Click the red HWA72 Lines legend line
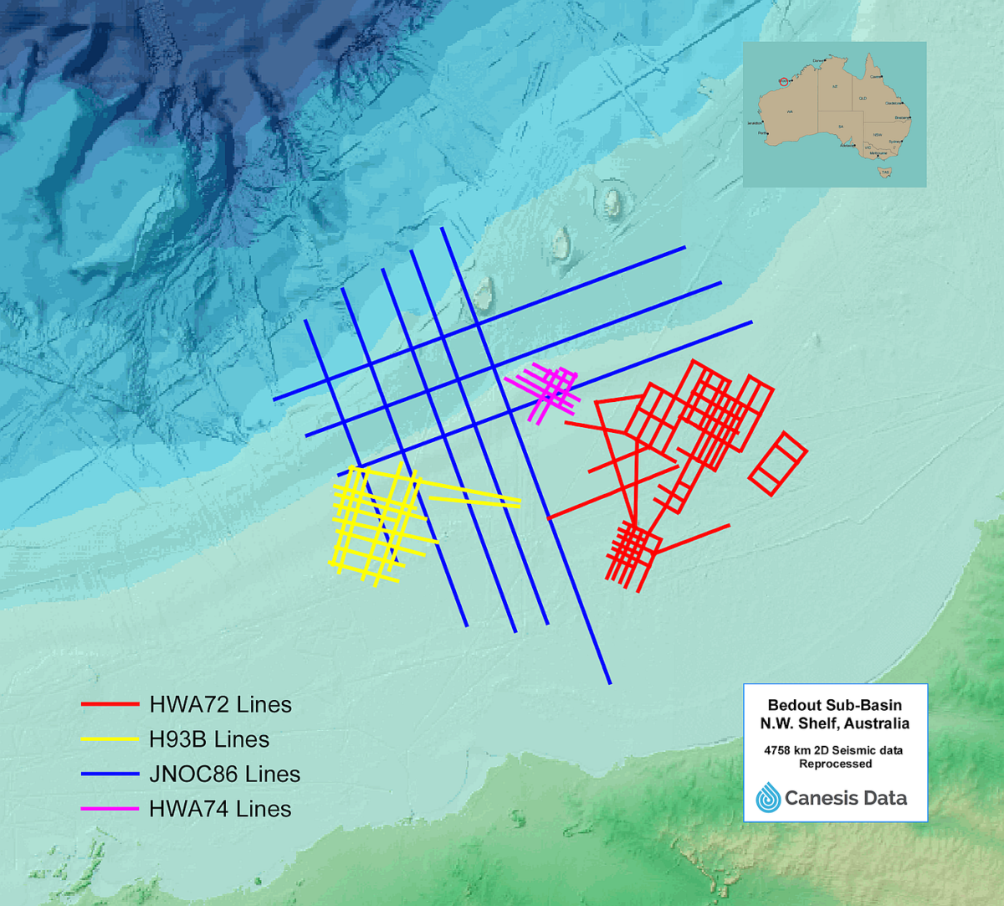pos(110,704)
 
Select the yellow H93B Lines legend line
pos(110,739)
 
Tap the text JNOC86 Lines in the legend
pos(224,775)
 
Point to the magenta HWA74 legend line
pos(110,809)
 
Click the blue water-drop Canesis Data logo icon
pos(768,798)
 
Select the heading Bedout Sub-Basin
pos(834,705)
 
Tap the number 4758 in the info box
pos(778,750)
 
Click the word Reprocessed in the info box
pos(834,764)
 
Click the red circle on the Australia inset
pos(784,82)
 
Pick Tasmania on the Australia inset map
pos(884,172)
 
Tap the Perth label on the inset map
pos(761,133)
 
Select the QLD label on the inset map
pos(863,98)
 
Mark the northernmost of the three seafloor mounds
pos(612,202)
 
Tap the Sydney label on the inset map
pos(894,142)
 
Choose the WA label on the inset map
pos(790,112)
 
